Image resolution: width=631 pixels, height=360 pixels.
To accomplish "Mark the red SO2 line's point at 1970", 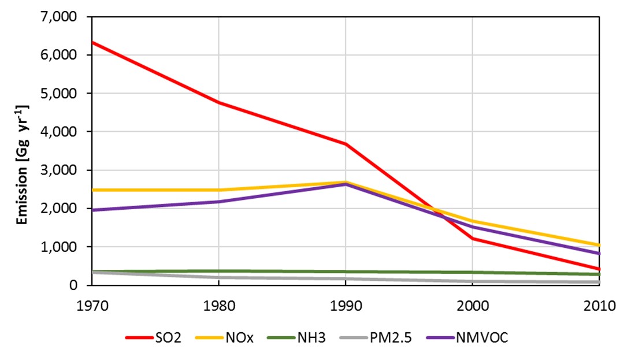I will pyautogui.click(x=92, y=42).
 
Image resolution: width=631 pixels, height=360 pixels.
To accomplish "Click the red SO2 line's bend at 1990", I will pyautogui.click(x=346, y=144).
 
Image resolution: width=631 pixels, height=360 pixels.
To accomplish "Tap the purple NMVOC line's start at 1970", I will pyautogui.click(x=92, y=210).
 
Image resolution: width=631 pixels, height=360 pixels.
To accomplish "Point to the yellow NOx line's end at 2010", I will pyautogui.click(x=599, y=245).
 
